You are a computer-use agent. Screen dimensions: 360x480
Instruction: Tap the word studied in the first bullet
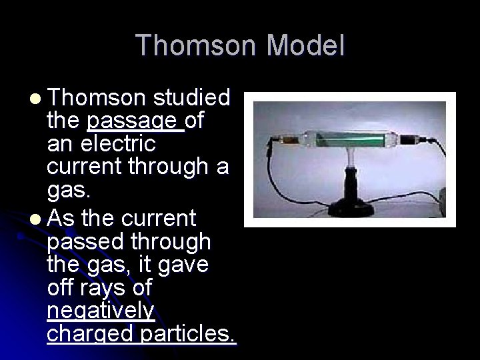pos(191,99)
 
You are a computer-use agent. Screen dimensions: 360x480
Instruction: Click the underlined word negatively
pos(101,311)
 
